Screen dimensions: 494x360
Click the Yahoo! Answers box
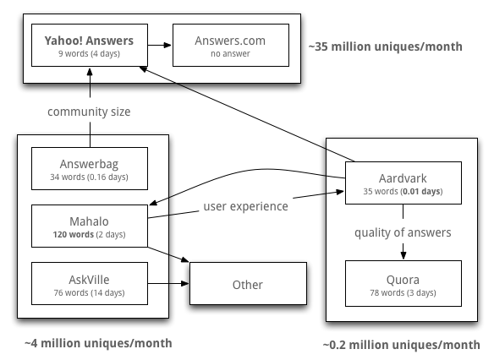[90, 45]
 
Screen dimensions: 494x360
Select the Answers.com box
[231, 45]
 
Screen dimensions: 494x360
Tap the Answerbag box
[90, 168]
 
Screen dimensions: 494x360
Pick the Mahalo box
[90, 226]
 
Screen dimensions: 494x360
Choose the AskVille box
[90, 284]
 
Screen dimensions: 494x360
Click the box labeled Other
[248, 284]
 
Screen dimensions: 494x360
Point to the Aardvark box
[403, 183]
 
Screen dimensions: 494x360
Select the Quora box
[403, 284]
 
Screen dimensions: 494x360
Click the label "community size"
[89, 112]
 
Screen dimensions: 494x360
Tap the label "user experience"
[246, 206]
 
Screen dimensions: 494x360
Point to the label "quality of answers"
[403, 232]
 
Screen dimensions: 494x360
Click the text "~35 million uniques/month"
[386, 46]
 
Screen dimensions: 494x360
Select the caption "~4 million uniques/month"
[98, 343]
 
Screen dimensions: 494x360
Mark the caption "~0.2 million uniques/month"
[401, 345]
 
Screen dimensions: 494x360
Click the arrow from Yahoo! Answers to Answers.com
[160, 46]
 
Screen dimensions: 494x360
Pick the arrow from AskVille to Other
[168, 284]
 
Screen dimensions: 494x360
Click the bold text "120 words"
[73, 234]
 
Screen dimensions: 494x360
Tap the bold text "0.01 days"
[422, 191]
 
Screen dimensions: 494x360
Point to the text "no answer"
[230, 54]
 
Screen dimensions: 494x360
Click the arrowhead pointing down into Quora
[403, 255]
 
